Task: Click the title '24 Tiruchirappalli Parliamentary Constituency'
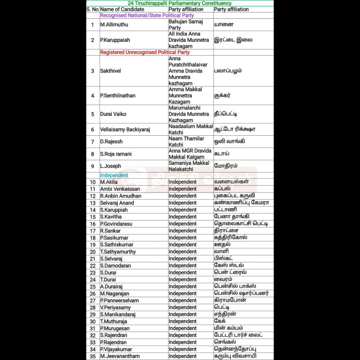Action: (180, 3)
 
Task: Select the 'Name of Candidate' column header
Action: (122, 9)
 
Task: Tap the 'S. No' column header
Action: (93, 9)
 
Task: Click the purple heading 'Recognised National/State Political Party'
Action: (147, 15)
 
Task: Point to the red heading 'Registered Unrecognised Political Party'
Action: (145, 53)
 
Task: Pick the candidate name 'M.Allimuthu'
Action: (114, 24)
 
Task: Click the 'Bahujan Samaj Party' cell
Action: (182, 24)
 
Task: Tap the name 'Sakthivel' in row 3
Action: (110, 71)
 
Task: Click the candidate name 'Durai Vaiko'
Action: (114, 114)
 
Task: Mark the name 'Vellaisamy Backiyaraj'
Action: (125, 130)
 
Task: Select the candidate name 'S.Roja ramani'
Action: (116, 154)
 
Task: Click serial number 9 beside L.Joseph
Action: (93, 166)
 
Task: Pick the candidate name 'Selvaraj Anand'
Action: (118, 203)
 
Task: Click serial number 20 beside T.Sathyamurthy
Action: (93, 252)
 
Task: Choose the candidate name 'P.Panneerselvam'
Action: (120, 300)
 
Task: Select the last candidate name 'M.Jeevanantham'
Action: (120, 356)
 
